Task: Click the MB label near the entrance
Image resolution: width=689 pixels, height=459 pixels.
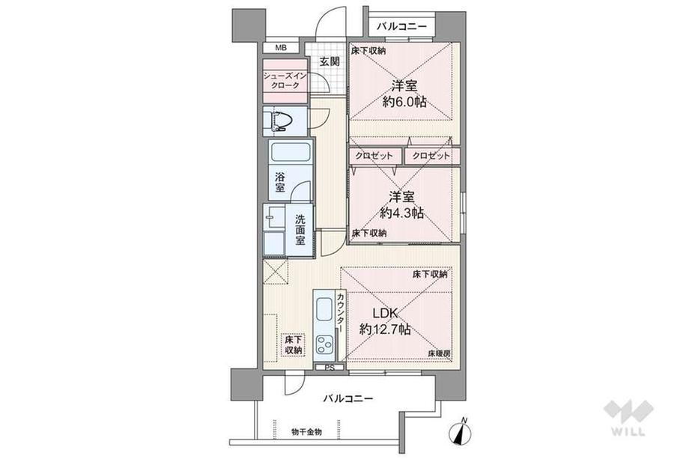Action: pyautogui.click(x=280, y=49)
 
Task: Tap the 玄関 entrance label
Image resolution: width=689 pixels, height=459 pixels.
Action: pyautogui.click(x=329, y=61)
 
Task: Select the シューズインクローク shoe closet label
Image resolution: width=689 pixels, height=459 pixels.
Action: pyautogui.click(x=283, y=81)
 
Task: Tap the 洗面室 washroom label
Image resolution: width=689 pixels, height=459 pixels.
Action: pyautogui.click(x=300, y=230)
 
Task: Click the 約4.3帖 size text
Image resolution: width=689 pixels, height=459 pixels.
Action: pyautogui.click(x=401, y=213)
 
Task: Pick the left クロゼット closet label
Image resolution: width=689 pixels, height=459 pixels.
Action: pyautogui.click(x=375, y=156)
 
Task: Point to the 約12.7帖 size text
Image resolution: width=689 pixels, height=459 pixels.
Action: pyautogui.click(x=384, y=329)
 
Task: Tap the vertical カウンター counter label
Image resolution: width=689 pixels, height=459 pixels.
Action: pyautogui.click(x=341, y=313)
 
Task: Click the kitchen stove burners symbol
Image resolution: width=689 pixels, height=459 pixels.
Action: pyautogui.click(x=326, y=346)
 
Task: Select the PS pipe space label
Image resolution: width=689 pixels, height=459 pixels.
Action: pyautogui.click(x=329, y=368)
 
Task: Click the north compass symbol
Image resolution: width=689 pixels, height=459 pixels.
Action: pyautogui.click(x=461, y=431)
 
